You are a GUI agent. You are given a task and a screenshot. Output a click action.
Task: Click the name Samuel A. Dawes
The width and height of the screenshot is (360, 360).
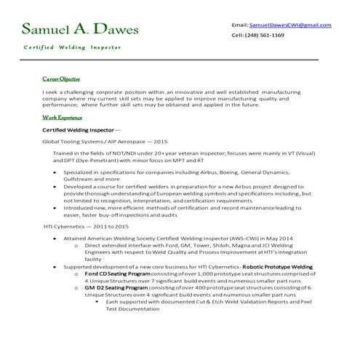(x=76, y=29)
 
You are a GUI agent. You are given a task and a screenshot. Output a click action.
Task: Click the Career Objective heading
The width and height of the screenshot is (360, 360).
(x=61, y=78)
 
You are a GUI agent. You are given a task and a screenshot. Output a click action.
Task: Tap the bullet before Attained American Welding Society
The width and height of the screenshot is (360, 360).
(x=56, y=238)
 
